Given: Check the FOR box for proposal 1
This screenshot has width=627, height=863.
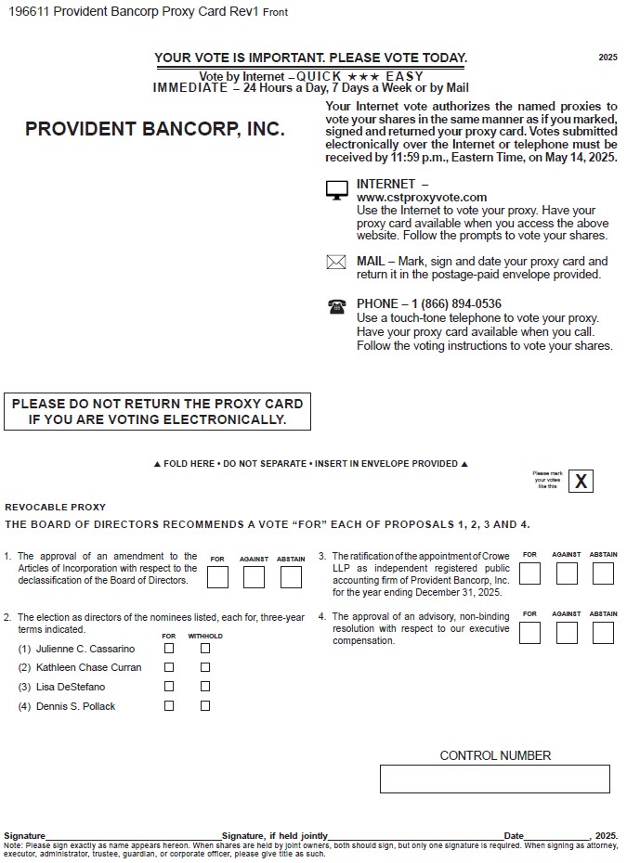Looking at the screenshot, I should click(217, 577).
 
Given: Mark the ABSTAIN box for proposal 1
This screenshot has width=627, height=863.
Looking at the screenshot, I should click(291, 577).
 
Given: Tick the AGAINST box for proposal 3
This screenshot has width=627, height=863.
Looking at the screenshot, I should click(567, 573).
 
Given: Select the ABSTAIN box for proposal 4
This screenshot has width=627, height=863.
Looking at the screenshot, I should click(603, 633).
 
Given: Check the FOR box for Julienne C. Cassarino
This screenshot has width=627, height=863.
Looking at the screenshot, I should click(169, 649).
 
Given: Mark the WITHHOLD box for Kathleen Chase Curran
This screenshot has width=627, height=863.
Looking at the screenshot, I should click(205, 667).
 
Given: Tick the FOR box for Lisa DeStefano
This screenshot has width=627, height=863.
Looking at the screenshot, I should click(169, 687).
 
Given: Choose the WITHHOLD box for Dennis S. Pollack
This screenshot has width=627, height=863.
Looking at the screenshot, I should click(205, 706).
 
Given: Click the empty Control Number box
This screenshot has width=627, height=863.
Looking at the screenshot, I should click(494, 779).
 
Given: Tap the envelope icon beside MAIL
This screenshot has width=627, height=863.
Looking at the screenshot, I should click(336, 263).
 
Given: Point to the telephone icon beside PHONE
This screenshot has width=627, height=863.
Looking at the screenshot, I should click(336, 306).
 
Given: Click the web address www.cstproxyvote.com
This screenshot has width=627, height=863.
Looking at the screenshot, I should click(421, 198).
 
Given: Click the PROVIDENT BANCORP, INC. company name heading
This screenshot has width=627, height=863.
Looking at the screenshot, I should click(155, 130).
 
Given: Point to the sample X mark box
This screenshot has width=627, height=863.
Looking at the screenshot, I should click(581, 481).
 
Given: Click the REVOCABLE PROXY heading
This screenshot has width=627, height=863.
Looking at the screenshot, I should click(56, 508).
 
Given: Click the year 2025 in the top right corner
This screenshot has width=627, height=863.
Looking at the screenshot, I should click(607, 58).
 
